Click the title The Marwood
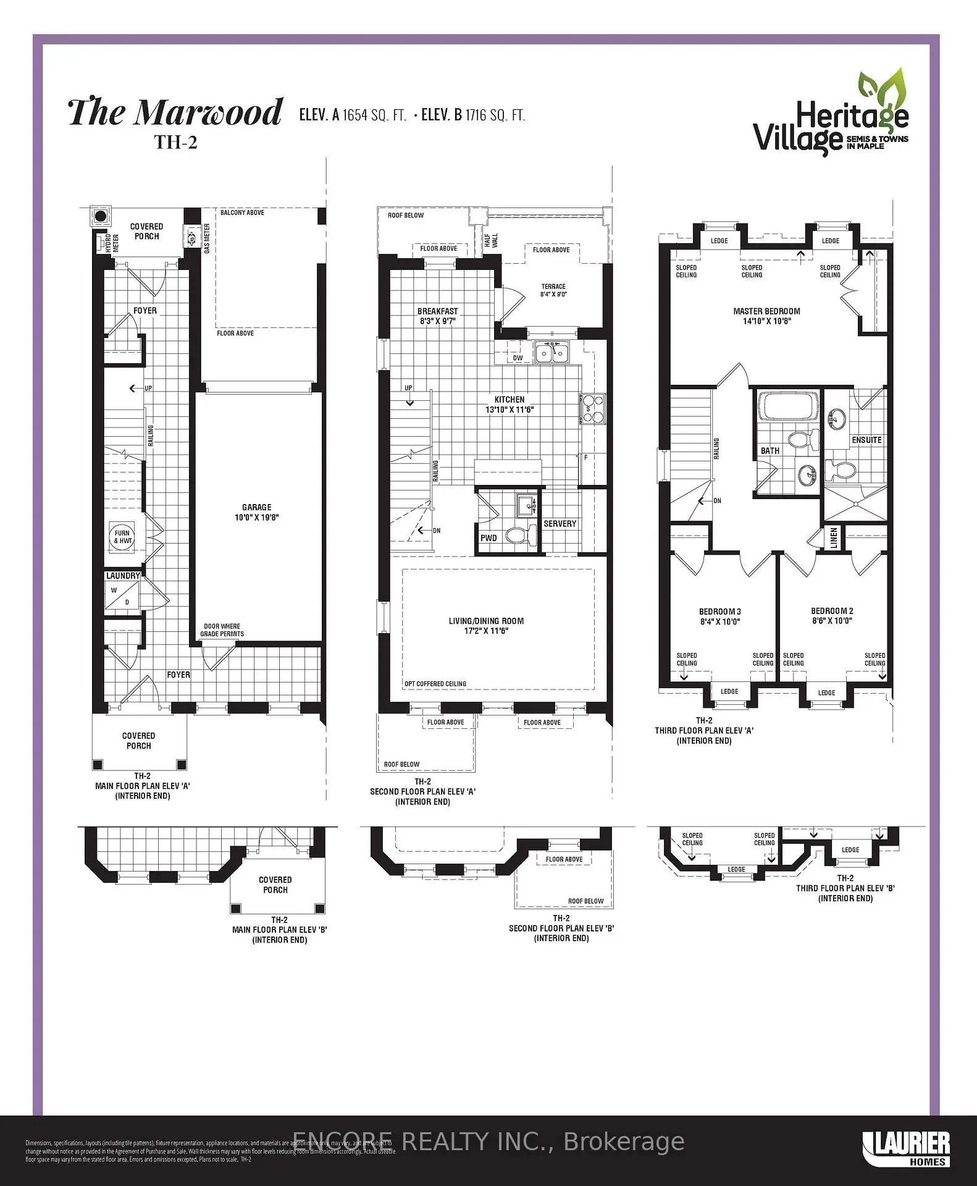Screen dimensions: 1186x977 [175, 113]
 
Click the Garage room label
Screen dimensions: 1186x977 [257, 507]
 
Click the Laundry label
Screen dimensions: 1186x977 [123, 576]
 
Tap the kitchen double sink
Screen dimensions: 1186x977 [551, 353]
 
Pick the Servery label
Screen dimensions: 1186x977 [560, 524]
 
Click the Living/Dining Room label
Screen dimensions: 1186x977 [486, 621]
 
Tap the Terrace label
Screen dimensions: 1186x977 [553, 287]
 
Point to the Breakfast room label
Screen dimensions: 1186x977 [438, 311]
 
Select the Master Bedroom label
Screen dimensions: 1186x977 [766, 311]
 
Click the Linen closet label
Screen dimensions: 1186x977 [834, 538]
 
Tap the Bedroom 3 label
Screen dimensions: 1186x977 [720, 612]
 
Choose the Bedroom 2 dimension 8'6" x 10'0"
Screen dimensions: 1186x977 [832, 621]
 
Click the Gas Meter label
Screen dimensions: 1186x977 [207, 238]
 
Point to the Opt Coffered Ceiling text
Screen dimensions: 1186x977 [435, 684]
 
